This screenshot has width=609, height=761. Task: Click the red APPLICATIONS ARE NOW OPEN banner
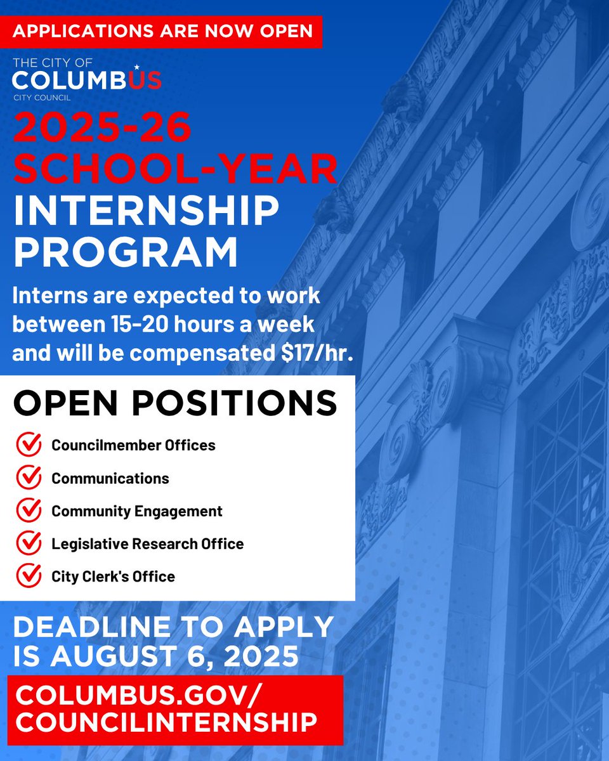click(x=162, y=31)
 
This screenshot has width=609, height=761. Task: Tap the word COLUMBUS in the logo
click(x=86, y=81)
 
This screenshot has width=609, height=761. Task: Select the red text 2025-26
click(x=102, y=128)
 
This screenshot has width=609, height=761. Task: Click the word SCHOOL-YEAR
click(x=175, y=169)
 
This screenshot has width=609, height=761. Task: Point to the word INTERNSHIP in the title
click(x=146, y=211)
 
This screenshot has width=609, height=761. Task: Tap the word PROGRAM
click(x=125, y=252)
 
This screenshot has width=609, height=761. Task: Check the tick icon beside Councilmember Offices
click(x=29, y=445)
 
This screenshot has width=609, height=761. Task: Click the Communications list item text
click(x=110, y=478)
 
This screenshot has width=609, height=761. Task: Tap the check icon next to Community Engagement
click(x=29, y=511)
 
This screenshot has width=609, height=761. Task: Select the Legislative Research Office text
click(x=147, y=543)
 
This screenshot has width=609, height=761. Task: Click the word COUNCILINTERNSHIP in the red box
click(x=166, y=723)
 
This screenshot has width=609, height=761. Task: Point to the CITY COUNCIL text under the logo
click(x=41, y=98)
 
